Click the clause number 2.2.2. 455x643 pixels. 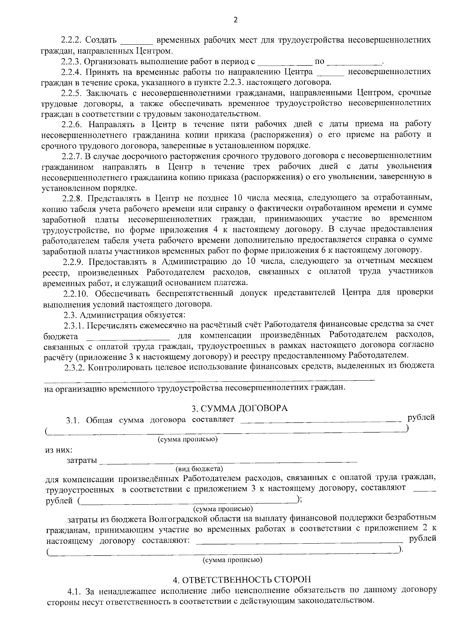point(72,40)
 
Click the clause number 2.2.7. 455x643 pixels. point(72,156)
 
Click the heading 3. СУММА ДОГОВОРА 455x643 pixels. point(239,408)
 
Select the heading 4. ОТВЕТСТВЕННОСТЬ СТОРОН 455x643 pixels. point(242,580)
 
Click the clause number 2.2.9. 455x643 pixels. point(72,261)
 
